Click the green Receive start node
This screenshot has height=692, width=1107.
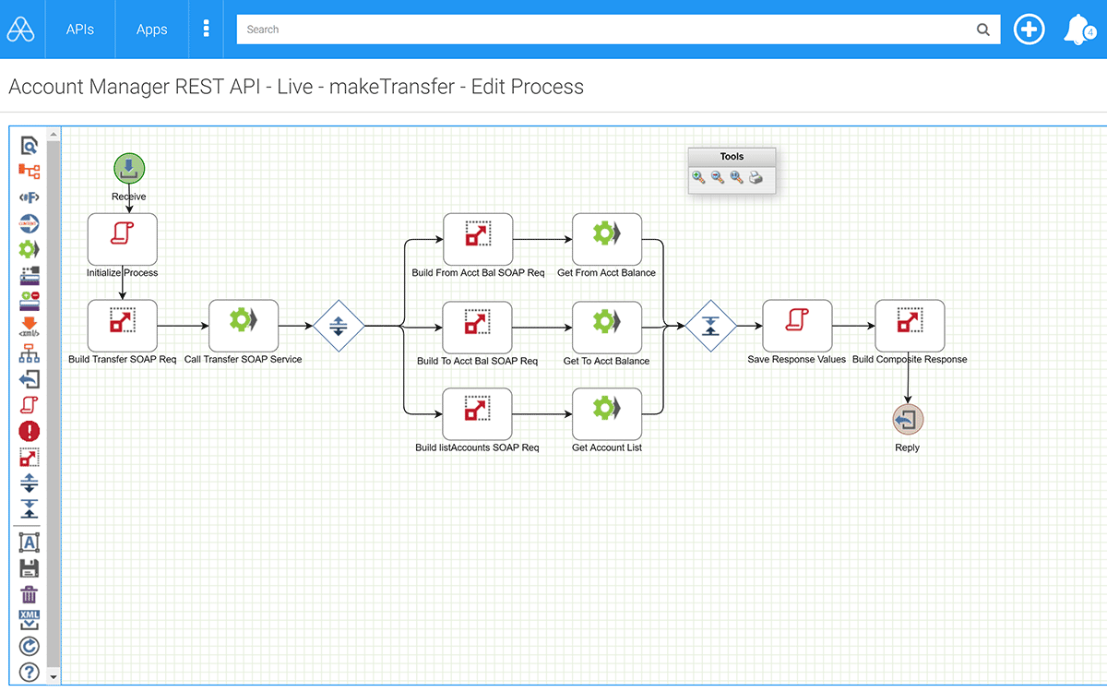coord(129,169)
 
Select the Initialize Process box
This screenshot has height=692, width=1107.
coord(123,239)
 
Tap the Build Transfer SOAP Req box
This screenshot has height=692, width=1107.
coord(123,326)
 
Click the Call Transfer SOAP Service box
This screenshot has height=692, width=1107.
coord(244,326)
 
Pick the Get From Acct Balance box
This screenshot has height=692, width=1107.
coord(607,239)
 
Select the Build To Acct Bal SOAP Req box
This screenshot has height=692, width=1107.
coord(478,328)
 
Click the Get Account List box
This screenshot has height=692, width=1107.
coord(607,413)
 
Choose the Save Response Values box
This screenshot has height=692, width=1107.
coord(797,326)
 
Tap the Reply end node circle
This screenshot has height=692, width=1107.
coord(908,420)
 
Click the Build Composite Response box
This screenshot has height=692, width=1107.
coord(910,326)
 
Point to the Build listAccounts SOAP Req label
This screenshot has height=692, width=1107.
coord(477,447)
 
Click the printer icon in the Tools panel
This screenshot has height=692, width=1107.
coord(756,177)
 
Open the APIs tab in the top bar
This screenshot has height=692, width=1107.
coord(80,30)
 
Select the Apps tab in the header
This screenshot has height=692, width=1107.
coord(151,30)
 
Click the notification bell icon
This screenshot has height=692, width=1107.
coord(1078,30)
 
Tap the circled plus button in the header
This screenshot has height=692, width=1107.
coord(1029,30)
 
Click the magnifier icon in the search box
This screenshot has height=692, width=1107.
coord(983,30)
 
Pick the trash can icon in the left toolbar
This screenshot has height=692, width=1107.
coord(30,594)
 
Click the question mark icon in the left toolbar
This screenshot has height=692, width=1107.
coord(30,673)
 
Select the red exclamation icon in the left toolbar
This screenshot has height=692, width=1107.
coord(30,431)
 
